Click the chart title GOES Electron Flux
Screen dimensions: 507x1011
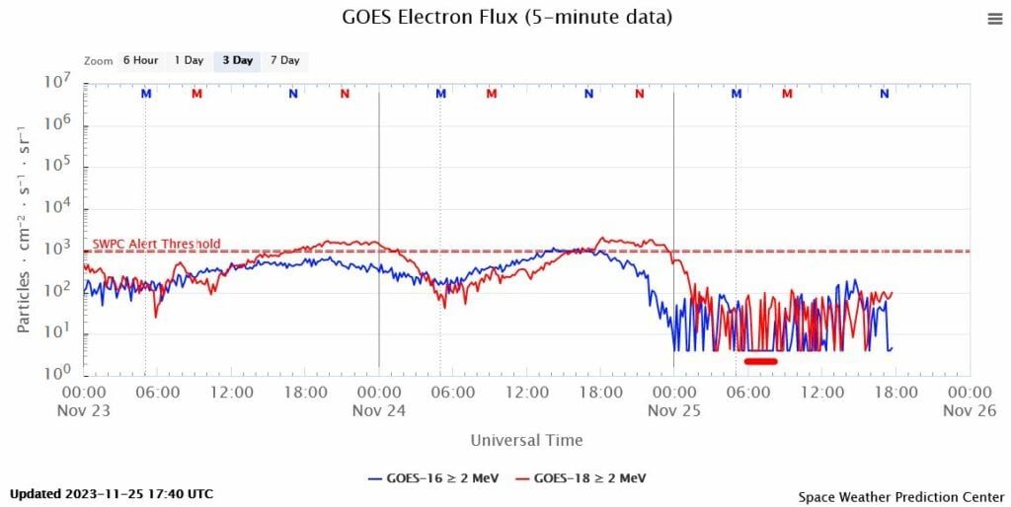(x=506, y=17)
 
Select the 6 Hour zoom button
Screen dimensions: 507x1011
(x=139, y=60)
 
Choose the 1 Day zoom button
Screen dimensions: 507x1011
(x=189, y=60)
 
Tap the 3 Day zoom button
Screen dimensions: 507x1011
(x=237, y=60)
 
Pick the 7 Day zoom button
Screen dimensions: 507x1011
(x=284, y=60)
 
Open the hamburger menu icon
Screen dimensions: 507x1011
(x=994, y=19)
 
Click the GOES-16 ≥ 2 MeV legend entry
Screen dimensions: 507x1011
(x=432, y=478)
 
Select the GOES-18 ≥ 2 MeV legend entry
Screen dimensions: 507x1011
(x=581, y=478)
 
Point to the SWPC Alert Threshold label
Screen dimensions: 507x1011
(x=156, y=244)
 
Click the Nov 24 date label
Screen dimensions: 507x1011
(x=378, y=411)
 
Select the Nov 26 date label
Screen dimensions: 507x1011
(x=969, y=411)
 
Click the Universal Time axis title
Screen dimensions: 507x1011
(x=526, y=440)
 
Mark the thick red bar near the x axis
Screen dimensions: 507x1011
(x=761, y=361)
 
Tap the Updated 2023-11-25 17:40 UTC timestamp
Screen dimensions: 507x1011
(x=112, y=493)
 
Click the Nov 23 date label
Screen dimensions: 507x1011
(x=84, y=411)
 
